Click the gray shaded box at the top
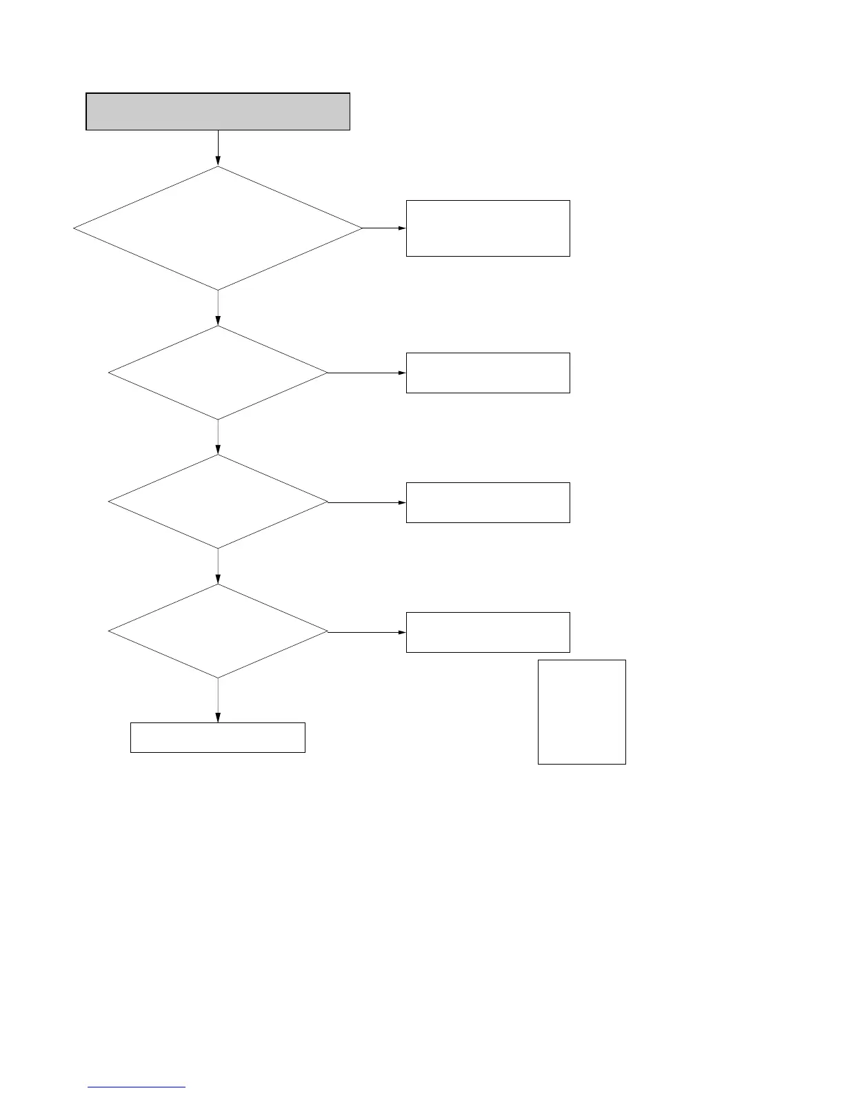coord(218,111)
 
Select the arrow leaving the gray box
coord(218,148)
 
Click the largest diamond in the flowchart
coord(218,228)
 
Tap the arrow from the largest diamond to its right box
coord(384,228)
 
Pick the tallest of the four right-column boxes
coord(488,228)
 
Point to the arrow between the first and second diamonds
coord(218,308)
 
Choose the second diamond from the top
coord(218,373)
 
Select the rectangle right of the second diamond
coord(488,373)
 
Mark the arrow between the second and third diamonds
coord(218,437)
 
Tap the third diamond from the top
coord(218,502)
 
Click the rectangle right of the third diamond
coord(488,502)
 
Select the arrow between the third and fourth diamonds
coord(218,567)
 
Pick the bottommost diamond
coord(218,631)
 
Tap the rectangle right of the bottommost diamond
coord(488,632)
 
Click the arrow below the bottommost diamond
coord(218,700)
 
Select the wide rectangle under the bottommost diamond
coord(218,737)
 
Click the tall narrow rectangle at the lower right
coord(581,711)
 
